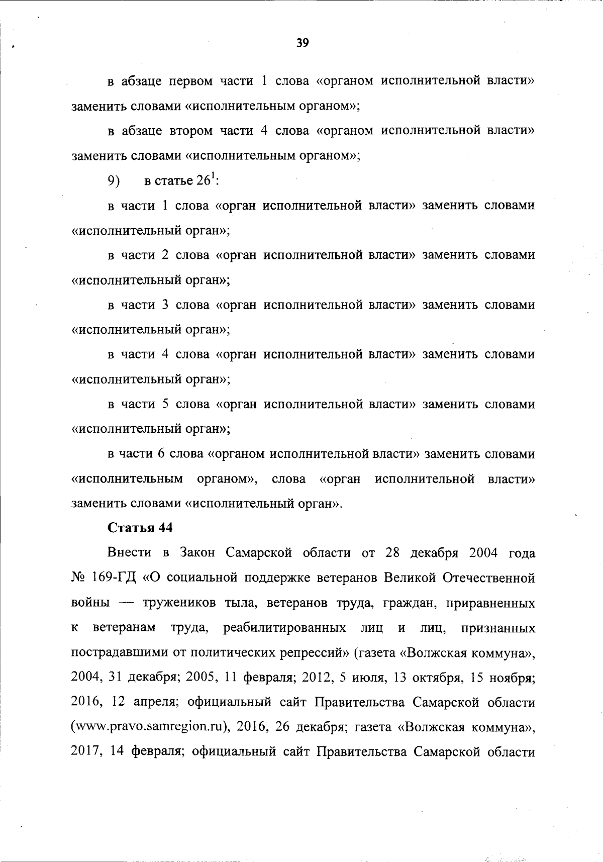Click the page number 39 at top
[302, 43]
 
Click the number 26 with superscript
[205, 181]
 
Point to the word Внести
[129, 553]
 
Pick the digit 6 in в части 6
[161, 454]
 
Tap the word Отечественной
[488, 578]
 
